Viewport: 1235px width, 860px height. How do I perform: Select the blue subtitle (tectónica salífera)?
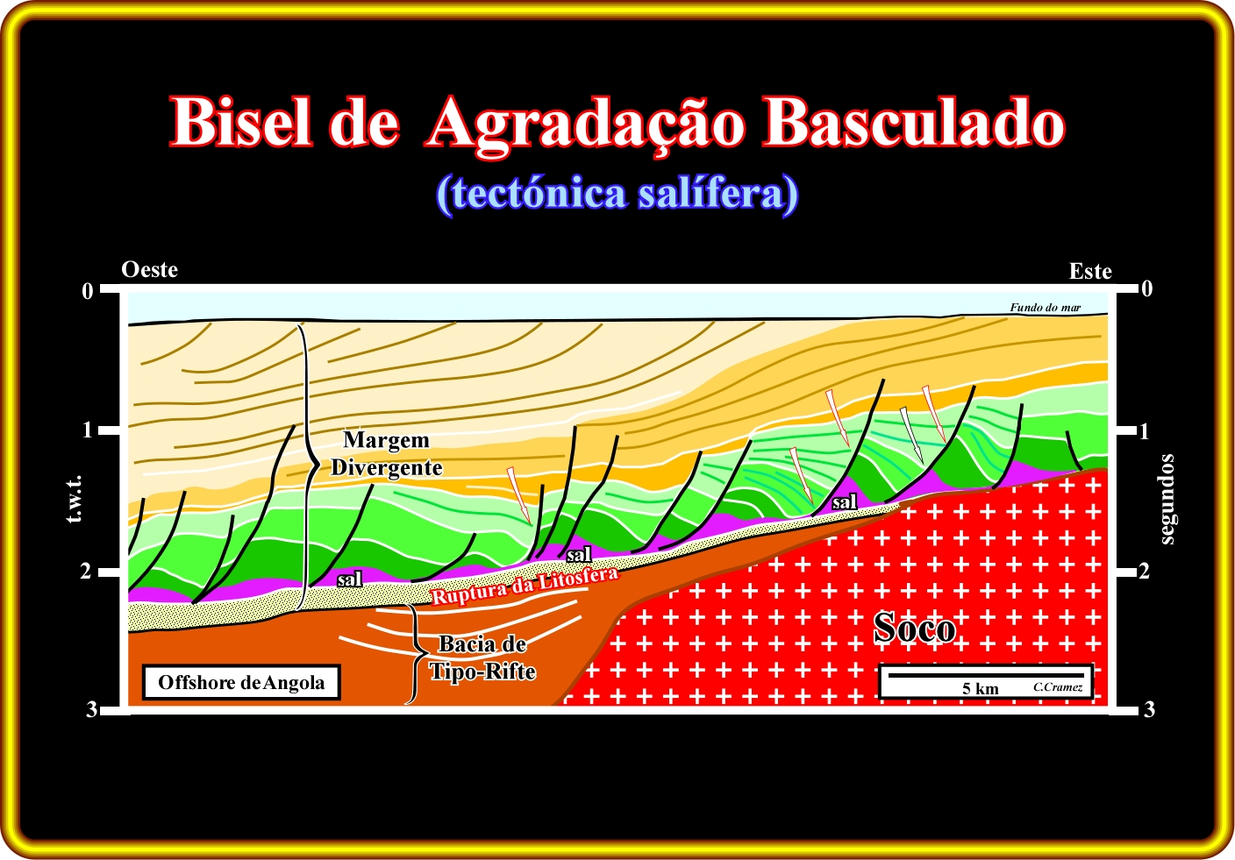tap(617, 194)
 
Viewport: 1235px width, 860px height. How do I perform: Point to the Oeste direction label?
tap(149, 269)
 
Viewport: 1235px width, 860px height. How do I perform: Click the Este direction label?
tap(1090, 271)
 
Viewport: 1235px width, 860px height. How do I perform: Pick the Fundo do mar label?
tap(1046, 308)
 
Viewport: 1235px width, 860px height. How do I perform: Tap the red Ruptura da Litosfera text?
tap(525, 586)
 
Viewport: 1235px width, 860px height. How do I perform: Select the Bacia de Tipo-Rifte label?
tap(482, 657)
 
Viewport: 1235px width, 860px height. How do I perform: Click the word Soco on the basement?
tap(915, 628)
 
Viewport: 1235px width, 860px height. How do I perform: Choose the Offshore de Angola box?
tap(241, 683)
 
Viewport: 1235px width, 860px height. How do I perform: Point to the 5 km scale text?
tap(981, 688)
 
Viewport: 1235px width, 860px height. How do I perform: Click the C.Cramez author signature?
tap(1058, 687)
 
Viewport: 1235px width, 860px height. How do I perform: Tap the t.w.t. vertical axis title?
tap(75, 499)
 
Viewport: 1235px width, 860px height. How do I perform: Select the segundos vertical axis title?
tap(1166, 500)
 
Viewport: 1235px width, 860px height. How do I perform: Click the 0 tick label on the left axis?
tap(88, 291)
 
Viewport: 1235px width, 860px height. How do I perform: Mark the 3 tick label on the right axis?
tap(1149, 709)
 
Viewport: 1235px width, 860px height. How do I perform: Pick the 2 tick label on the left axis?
tap(85, 572)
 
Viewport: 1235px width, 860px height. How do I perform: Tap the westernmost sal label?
tap(350, 579)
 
